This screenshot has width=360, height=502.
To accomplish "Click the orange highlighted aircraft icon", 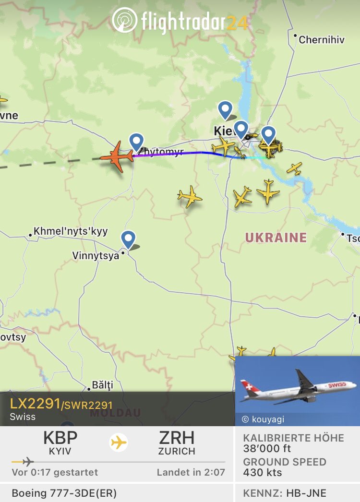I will click(117, 156).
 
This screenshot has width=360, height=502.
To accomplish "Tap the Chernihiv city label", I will click(321, 40).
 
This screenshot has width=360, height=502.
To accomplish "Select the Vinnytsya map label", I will click(96, 256).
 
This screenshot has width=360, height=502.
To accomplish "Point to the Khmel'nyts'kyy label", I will click(71, 231).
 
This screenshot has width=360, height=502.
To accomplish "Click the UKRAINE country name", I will click(276, 238).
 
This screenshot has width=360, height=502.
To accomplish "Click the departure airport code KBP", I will click(60, 438).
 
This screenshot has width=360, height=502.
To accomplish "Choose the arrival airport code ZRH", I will click(177, 438).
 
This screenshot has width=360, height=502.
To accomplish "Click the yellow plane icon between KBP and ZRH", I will click(119, 442).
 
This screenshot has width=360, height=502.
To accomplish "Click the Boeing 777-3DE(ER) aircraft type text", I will click(64, 493).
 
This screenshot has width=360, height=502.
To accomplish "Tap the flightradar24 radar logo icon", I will click(125, 20).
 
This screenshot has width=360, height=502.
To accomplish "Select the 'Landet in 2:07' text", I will click(191, 472).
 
